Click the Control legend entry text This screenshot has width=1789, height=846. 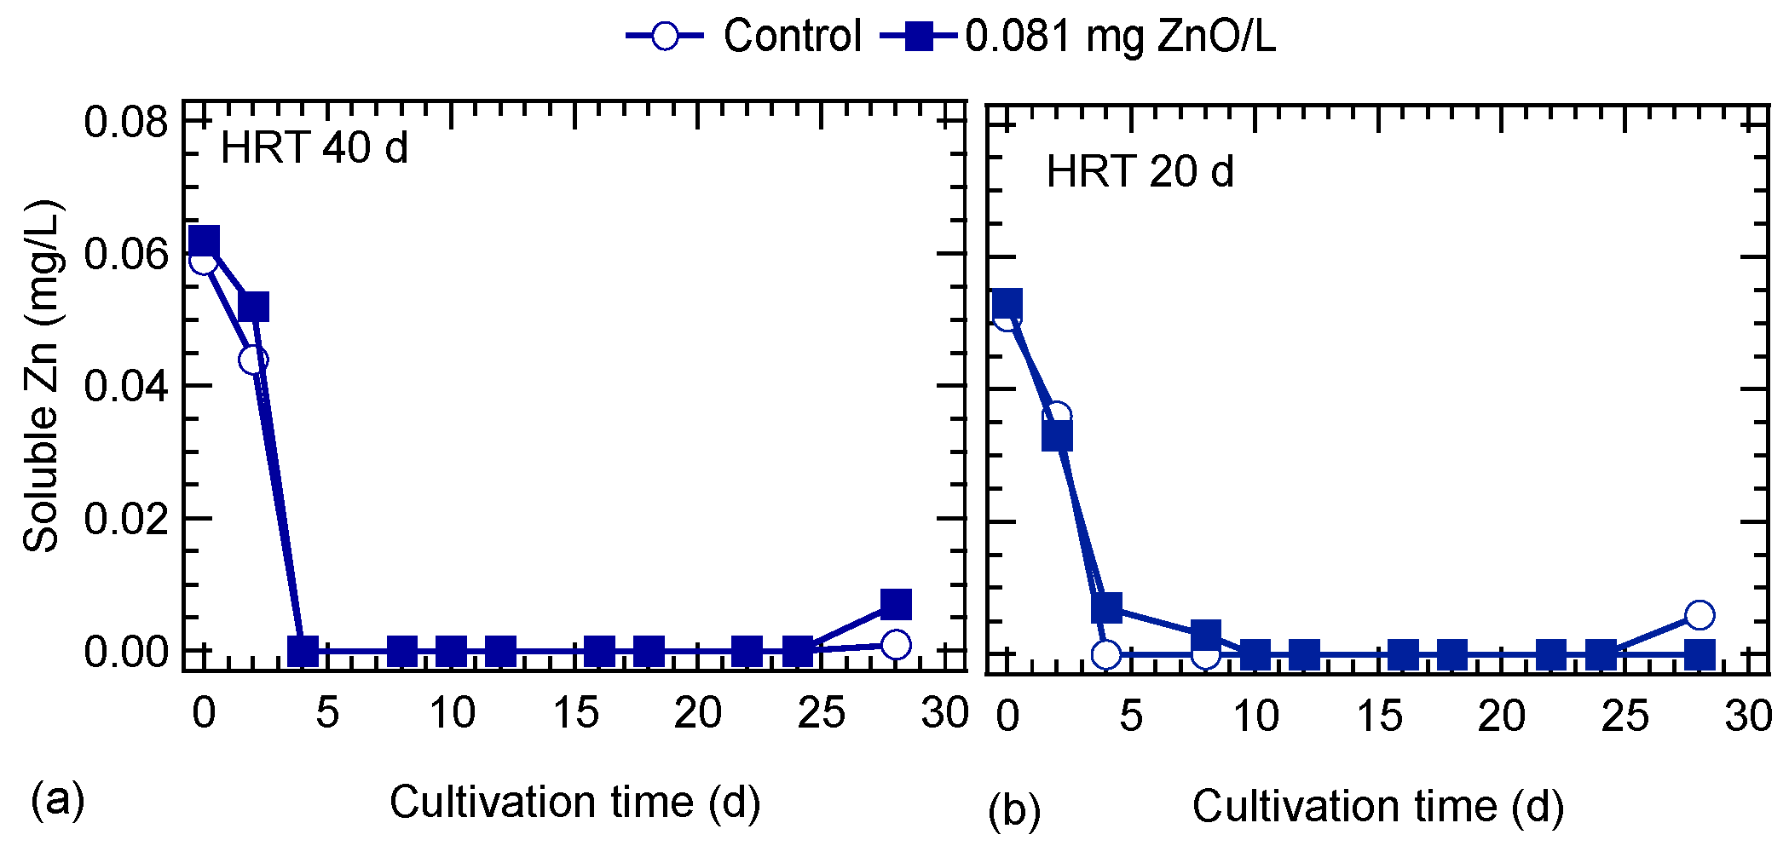coord(792,37)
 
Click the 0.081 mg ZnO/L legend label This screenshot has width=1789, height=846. coord(1120,37)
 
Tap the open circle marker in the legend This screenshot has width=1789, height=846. coord(664,37)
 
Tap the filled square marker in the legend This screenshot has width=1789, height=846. coord(918,37)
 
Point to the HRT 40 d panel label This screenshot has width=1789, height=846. coord(315,148)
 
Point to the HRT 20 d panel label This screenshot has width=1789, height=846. coord(1140,172)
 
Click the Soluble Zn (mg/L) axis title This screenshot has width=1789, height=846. coord(41,377)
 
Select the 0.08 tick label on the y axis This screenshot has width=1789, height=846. coord(126,122)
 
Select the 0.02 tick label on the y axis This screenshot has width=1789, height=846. coord(126,519)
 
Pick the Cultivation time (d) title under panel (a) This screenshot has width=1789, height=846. coord(574,803)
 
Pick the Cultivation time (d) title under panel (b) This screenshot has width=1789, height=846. coord(1377,807)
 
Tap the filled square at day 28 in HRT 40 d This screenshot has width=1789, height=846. coord(896,604)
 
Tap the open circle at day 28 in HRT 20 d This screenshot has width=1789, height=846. coord(1700,614)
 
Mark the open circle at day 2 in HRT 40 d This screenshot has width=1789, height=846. coord(253,360)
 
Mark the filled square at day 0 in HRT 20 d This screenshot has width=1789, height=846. coord(1007,303)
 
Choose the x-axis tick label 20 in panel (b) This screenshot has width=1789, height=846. coord(1501,717)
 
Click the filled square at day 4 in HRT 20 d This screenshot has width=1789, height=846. coord(1106,607)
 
